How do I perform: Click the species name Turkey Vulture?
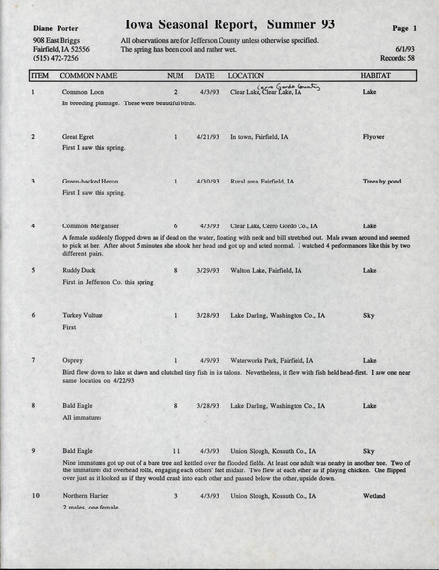tap(84, 315)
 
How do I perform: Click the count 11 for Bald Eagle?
tap(176, 450)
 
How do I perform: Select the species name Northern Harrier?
tap(88, 495)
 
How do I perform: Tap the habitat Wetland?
tap(376, 495)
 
